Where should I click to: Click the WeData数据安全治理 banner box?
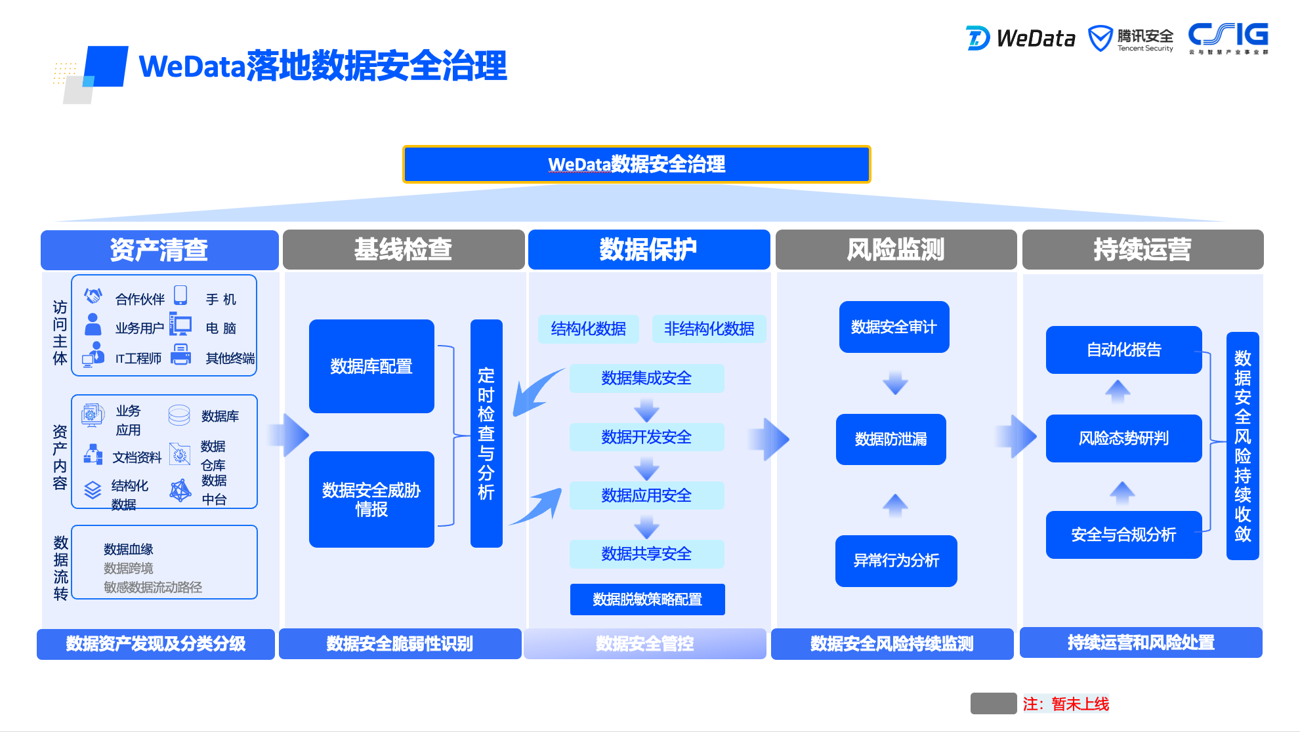click(637, 164)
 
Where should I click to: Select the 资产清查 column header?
click(159, 250)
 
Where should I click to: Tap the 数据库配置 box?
click(371, 366)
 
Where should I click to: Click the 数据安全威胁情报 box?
click(371, 499)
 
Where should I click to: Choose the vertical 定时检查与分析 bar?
click(486, 433)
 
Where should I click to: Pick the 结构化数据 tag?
click(589, 329)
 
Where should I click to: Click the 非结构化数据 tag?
click(709, 329)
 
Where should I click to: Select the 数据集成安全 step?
click(646, 378)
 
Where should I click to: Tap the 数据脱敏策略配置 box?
click(647, 600)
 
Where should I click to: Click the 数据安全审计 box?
click(894, 327)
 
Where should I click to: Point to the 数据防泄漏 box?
click(891, 439)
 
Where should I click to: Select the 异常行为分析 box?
click(896, 561)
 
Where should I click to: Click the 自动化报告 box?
click(1123, 350)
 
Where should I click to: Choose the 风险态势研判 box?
click(1123, 438)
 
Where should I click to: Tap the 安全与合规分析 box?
click(1123, 535)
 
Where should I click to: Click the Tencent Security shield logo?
click(1101, 39)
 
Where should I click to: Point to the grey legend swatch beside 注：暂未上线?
click(994, 704)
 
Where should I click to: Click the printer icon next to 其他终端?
click(180, 355)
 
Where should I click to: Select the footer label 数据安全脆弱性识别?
click(400, 643)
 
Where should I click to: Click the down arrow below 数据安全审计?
click(895, 382)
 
